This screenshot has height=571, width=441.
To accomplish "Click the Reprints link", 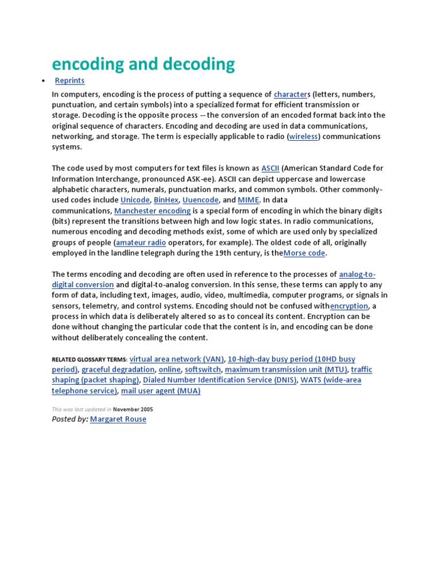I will click(x=69, y=80).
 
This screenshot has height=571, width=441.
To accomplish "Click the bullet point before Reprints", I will click(x=43, y=81).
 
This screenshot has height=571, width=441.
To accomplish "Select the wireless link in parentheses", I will click(x=304, y=136).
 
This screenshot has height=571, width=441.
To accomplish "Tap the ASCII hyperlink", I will click(x=270, y=168).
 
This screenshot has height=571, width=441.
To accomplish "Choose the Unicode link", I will click(x=135, y=200).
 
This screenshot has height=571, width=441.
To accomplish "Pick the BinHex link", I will click(x=166, y=200).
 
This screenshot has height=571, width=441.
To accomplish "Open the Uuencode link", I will click(x=200, y=200).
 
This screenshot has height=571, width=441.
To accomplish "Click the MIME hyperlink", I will click(x=249, y=200).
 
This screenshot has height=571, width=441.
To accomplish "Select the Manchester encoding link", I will click(x=152, y=211).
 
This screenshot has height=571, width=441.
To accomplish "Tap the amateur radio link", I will click(x=141, y=242).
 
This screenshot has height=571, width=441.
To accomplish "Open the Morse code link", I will click(x=304, y=253).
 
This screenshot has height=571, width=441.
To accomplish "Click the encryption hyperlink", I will click(x=349, y=306).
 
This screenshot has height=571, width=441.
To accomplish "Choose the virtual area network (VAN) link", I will click(x=177, y=359).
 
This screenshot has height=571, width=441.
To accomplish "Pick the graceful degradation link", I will click(x=118, y=369).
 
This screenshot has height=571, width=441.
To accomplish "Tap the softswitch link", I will click(x=203, y=369).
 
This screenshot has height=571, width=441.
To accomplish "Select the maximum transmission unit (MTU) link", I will click(x=286, y=369).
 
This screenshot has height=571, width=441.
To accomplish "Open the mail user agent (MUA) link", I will click(x=161, y=391).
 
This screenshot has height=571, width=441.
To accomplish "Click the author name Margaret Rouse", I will click(x=118, y=419).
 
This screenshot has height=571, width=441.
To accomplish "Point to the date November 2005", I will click(x=133, y=410).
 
